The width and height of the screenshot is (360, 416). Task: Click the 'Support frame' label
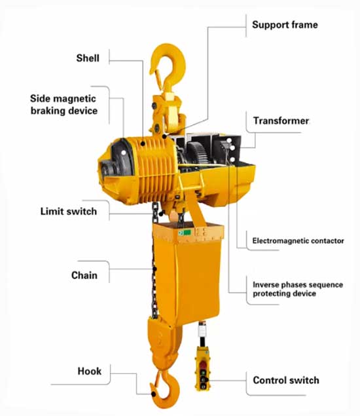285,25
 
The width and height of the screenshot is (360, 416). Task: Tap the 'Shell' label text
88,58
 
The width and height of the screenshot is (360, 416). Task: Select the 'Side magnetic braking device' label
63,105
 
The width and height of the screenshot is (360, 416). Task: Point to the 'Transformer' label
281,121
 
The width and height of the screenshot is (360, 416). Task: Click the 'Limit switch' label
68,212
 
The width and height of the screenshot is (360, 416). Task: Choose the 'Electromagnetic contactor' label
298,241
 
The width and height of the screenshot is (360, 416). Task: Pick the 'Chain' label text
84,275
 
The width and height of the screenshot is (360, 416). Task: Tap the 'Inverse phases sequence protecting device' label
294,289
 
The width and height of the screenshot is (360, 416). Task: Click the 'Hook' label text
90,371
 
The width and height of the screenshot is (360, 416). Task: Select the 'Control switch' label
286,380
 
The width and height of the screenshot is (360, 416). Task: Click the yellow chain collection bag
190,275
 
